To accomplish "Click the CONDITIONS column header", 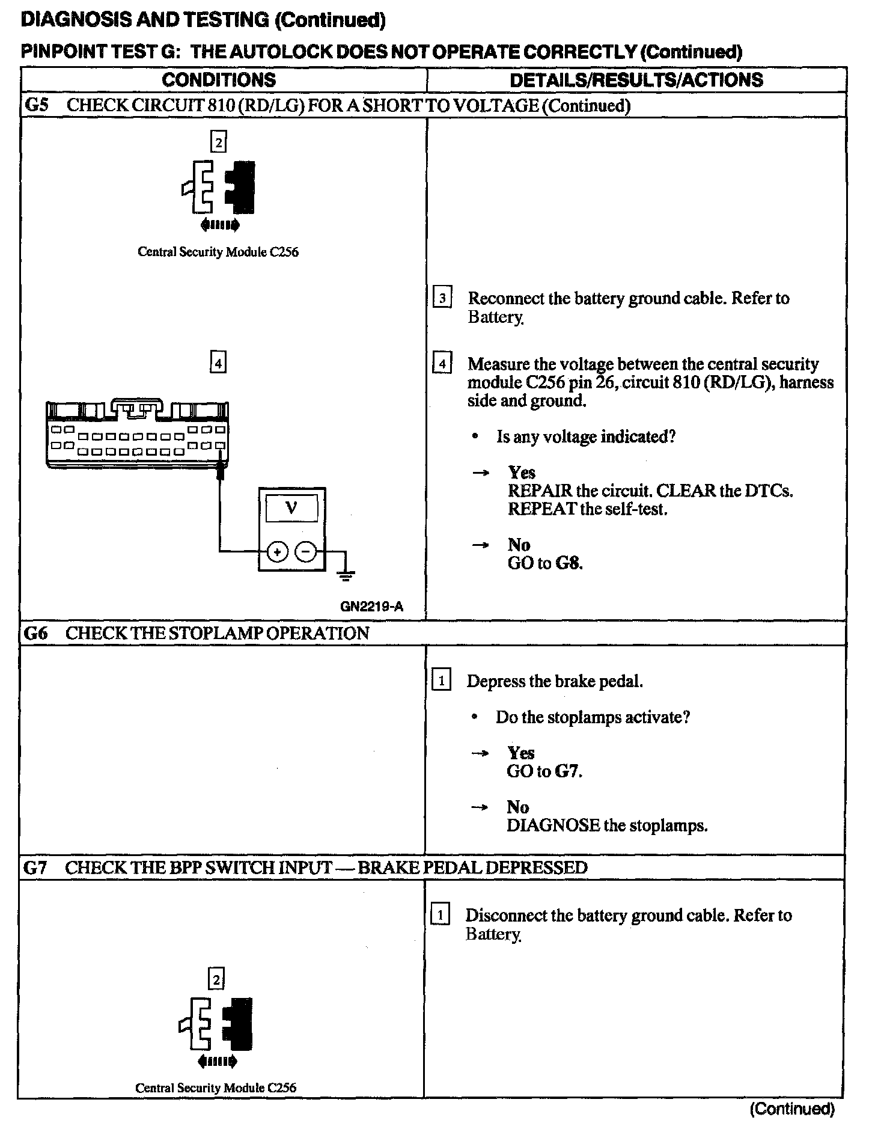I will coord(219,80).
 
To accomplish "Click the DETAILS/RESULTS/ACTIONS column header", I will coord(636,80).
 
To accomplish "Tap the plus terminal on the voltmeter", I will coord(277,551).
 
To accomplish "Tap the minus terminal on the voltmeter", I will coord(306,551).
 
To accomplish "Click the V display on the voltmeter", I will coord(291,509).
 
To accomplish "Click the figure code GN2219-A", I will coord(371,607).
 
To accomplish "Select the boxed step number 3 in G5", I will coord(442,298).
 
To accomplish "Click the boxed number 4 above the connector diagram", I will coord(218,363).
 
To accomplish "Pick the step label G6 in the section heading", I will coord(35,633).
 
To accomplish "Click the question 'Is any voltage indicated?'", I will coord(585,436).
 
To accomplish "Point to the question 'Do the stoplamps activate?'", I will coord(593,717).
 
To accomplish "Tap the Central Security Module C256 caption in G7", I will coord(216,1088).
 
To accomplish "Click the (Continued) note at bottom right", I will coord(792,1109).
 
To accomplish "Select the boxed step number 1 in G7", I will coord(441,916).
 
